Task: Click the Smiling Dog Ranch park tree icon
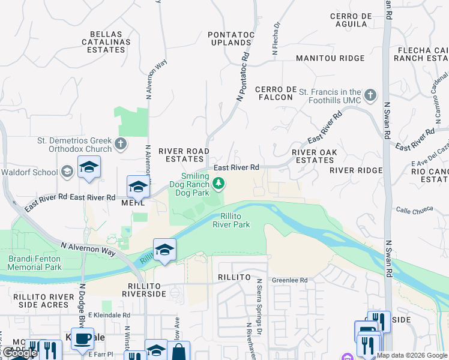pos(219,182)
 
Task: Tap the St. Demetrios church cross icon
pos(121,143)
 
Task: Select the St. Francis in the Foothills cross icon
pos(370,94)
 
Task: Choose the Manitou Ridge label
pos(330,58)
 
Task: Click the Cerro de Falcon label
pos(277,94)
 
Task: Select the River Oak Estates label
pos(313,156)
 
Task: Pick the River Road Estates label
pos(184,155)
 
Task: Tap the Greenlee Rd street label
pos(289,280)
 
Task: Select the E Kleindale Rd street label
pos(109,314)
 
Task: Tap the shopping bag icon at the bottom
pos(179,352)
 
